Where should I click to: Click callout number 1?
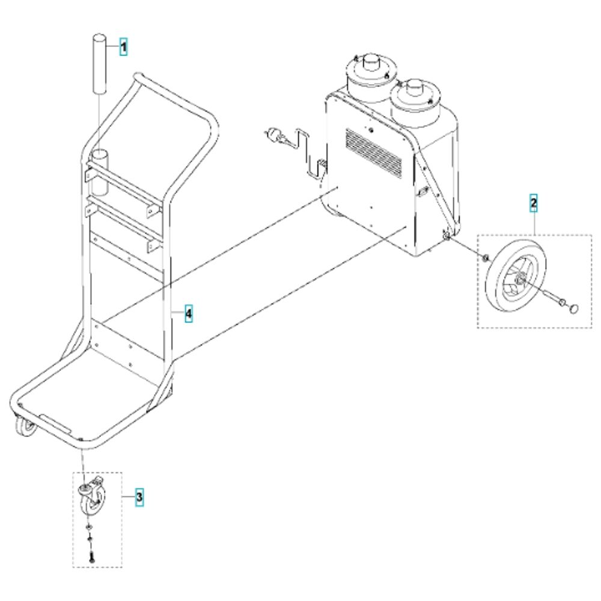[x=123, y=47]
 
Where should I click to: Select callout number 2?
[x=533, y=203]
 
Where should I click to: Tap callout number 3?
[x=139, y=497]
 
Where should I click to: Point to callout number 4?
[x=188, y=314]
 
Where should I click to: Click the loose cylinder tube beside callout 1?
[x=99, y=63]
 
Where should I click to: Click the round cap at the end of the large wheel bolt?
[x=574, y=308]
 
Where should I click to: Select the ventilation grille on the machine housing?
[x=373, y=153]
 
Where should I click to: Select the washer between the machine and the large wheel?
[x=485, y=258]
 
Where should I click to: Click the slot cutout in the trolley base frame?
[x=55, y=424]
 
